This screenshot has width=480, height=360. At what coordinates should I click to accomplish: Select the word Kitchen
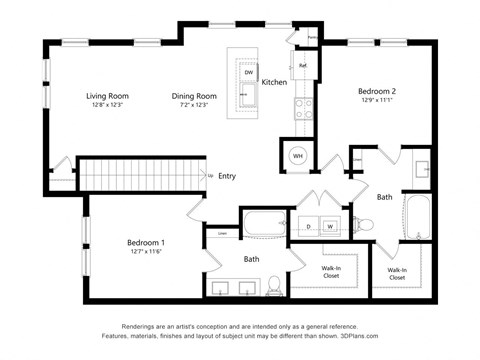(x=275, y=82)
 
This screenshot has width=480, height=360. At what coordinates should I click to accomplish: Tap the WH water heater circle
(x=298, y=155)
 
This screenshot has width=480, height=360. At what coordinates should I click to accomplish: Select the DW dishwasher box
(x=248, y=73)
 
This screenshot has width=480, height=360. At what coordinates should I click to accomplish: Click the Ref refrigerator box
(x=302, y=66)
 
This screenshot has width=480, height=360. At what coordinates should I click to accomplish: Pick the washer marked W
(x=328, y=227)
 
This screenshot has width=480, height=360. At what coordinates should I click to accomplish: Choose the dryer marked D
(x=308, y=227)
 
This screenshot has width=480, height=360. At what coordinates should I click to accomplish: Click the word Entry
(x=227, y=176)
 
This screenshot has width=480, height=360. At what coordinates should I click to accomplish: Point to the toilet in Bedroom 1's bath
(x=274, y=289)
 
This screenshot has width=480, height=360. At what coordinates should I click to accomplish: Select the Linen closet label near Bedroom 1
(x=220, y=236)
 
